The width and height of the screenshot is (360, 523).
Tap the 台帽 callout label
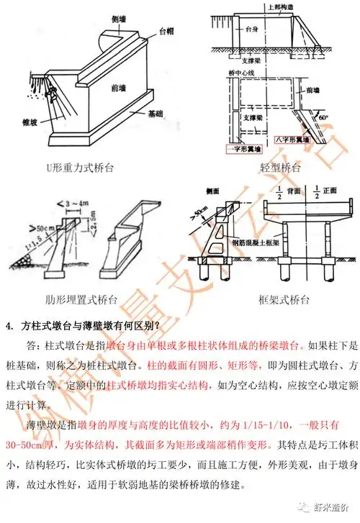click(166, 32)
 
